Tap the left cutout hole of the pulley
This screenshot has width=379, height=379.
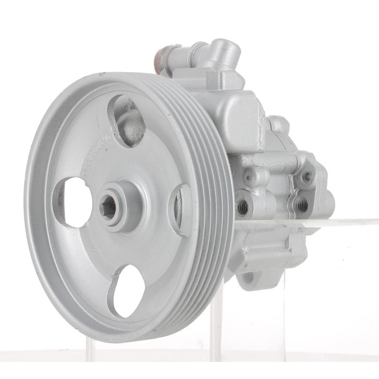(x=73, y=201)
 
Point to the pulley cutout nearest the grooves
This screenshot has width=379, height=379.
(x=182, y=208)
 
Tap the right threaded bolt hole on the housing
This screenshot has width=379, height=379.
(x=301, y=205)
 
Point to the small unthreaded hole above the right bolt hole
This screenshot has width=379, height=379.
(x=307, y=176)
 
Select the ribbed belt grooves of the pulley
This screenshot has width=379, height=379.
(x=208, y=189)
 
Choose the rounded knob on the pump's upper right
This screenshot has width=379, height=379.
(x=280, y=124)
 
